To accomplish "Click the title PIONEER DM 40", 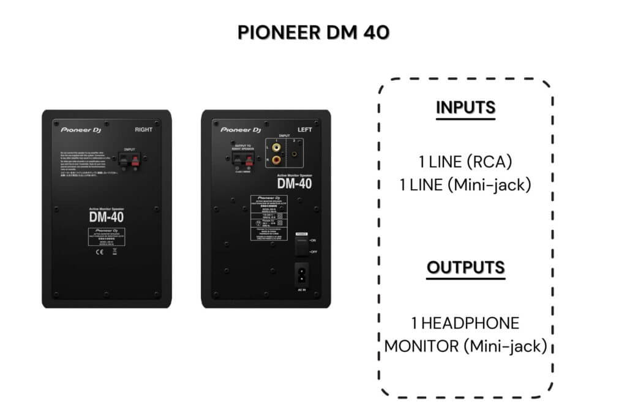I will pyautogui.click(x=313, y=32).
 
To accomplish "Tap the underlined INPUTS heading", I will pyautogui.click(x=465, y=107).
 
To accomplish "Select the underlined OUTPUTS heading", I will pyautogui.click(x=465, y=267).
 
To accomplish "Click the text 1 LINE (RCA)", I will pyautogui.click(x=465, y=162).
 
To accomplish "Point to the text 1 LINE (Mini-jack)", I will pyautogui.click(x=465, y=185).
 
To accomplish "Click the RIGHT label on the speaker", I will pyautogui.click(x=143, y=130).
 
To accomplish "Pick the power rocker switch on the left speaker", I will pyautogui.click(x=301, y=246).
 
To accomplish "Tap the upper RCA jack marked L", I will pyautogui.click(x=277, y=147).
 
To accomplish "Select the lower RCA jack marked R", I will pyautogui.click(x=277, y=160).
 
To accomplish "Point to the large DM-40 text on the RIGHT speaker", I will pyautogui.click(x=106, y=217).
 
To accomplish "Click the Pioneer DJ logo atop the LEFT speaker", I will pyautogui.click(x=241, y=130).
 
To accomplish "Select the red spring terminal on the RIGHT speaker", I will pyautogui.click(x=135, y=162).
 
